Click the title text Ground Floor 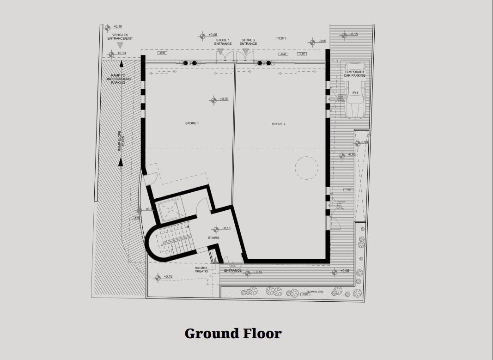[233, 333]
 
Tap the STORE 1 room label [192, 123]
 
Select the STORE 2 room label [278, 124]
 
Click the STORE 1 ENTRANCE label [223, 42]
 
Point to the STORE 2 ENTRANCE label [248, 42]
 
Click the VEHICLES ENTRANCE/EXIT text [120, 37]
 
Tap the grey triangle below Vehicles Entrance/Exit [120, 45]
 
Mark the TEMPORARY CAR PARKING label [354, 73]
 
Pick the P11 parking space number [355, 93]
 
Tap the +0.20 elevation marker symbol [213, 100]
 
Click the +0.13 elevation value [122, 53]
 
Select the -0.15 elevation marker [344, 35]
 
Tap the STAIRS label [213, 238]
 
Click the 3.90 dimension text [364, 142]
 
